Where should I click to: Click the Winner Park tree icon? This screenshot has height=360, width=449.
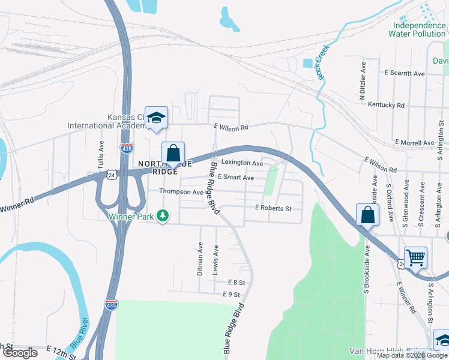(162, 215)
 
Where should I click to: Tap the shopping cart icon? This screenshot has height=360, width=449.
(415, 257)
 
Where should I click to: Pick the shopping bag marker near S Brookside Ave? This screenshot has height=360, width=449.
(367, 214)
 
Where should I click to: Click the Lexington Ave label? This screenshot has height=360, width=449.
(242, 163)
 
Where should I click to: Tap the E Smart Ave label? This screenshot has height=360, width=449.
(235, 178)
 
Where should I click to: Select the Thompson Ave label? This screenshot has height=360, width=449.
(181, 191)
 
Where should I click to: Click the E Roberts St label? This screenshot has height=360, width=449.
(273, 208)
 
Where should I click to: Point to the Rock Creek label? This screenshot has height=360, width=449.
(324, 64)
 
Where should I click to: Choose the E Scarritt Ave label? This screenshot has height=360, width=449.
(405, 73)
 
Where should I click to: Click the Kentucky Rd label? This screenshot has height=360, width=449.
(387, 105)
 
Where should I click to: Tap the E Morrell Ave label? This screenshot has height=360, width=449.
(414, 143)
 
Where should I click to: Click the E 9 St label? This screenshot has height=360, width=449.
(231, 295)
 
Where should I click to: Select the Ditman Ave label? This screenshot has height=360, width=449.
(200, 259)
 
